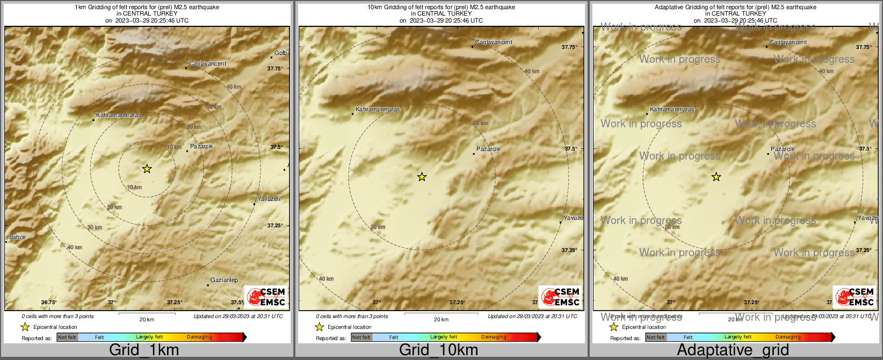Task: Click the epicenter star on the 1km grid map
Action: point(147,169)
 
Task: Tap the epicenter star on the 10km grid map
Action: point(422,177)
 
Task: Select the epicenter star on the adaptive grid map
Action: point(716,177)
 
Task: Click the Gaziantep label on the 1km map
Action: point(224,280)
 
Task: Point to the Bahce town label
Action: point(17,237)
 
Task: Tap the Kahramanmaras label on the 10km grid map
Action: point(378,109)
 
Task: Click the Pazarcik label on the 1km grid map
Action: point(201,146)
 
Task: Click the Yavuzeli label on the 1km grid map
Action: point(269,199)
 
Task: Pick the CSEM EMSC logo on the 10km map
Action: point(560,297)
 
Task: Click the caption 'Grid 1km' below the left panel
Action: point(144,350)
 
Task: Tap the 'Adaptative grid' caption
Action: point(733,350)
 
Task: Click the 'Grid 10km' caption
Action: point(438,350)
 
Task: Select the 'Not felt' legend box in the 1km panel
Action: point(67,337)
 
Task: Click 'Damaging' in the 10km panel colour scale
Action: point(494,337)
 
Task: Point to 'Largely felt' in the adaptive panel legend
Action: point(737,337)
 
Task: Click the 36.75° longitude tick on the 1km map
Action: point(49,303)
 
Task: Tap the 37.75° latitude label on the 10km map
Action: point(569,47)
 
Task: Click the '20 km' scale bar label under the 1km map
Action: point(147,319)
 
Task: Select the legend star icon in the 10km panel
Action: point(319,327)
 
